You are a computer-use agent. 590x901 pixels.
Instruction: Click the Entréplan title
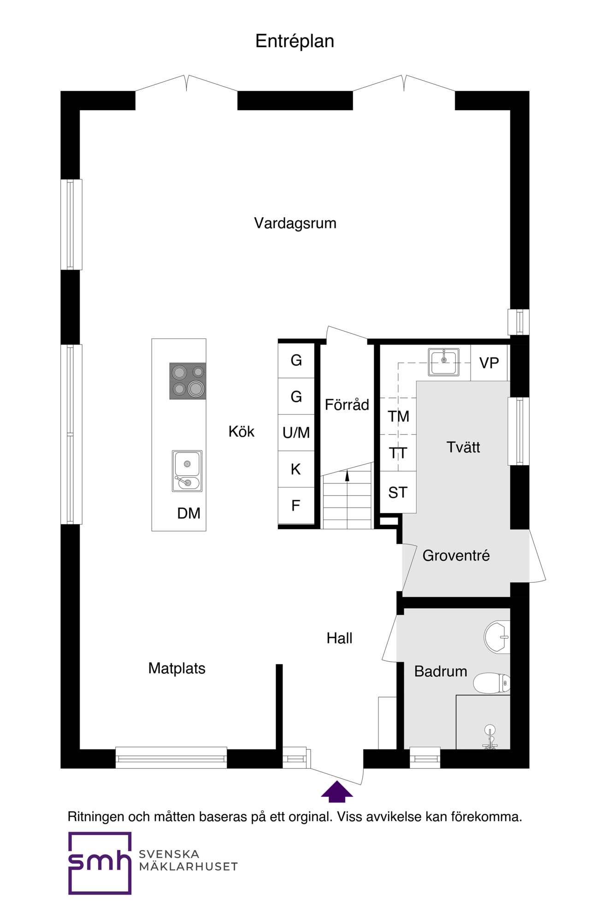click(x=295, y=41)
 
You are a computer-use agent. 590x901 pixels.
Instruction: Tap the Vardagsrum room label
click(x=295, y=223)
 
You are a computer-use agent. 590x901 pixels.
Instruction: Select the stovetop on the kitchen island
click(x=188, y=381)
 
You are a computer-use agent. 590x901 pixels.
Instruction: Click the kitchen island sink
click(x=187, y=471)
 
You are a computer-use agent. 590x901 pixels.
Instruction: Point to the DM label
click(x=189, y=513)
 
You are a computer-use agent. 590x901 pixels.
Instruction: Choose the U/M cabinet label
click(x=296, y=433)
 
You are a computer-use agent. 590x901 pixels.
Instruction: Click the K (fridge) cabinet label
click(x=295, y=469)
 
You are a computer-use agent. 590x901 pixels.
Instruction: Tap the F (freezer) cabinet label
click(x=295, y=505)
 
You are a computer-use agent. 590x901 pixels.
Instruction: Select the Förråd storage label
click(x=347, y=405)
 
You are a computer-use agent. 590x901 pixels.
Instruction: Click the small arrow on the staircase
click(x=347, y=476)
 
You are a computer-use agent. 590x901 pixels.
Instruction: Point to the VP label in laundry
click(x=489, y=363)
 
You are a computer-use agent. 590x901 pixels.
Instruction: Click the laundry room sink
click(x=443, y=362)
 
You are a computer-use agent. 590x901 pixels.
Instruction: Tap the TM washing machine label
click(x=398, y=416)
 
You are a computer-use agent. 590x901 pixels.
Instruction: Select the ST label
click(x=398, y=492)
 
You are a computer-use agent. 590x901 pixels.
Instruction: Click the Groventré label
click(x=456, y=556)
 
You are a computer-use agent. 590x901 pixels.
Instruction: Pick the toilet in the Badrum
click(x=491, y=683)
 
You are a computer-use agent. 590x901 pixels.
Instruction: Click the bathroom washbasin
click(x=497, y=637)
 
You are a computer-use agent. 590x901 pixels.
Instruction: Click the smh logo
click(x=100, y=863)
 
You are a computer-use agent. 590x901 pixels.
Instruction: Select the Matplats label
click(x=177, y=668)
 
